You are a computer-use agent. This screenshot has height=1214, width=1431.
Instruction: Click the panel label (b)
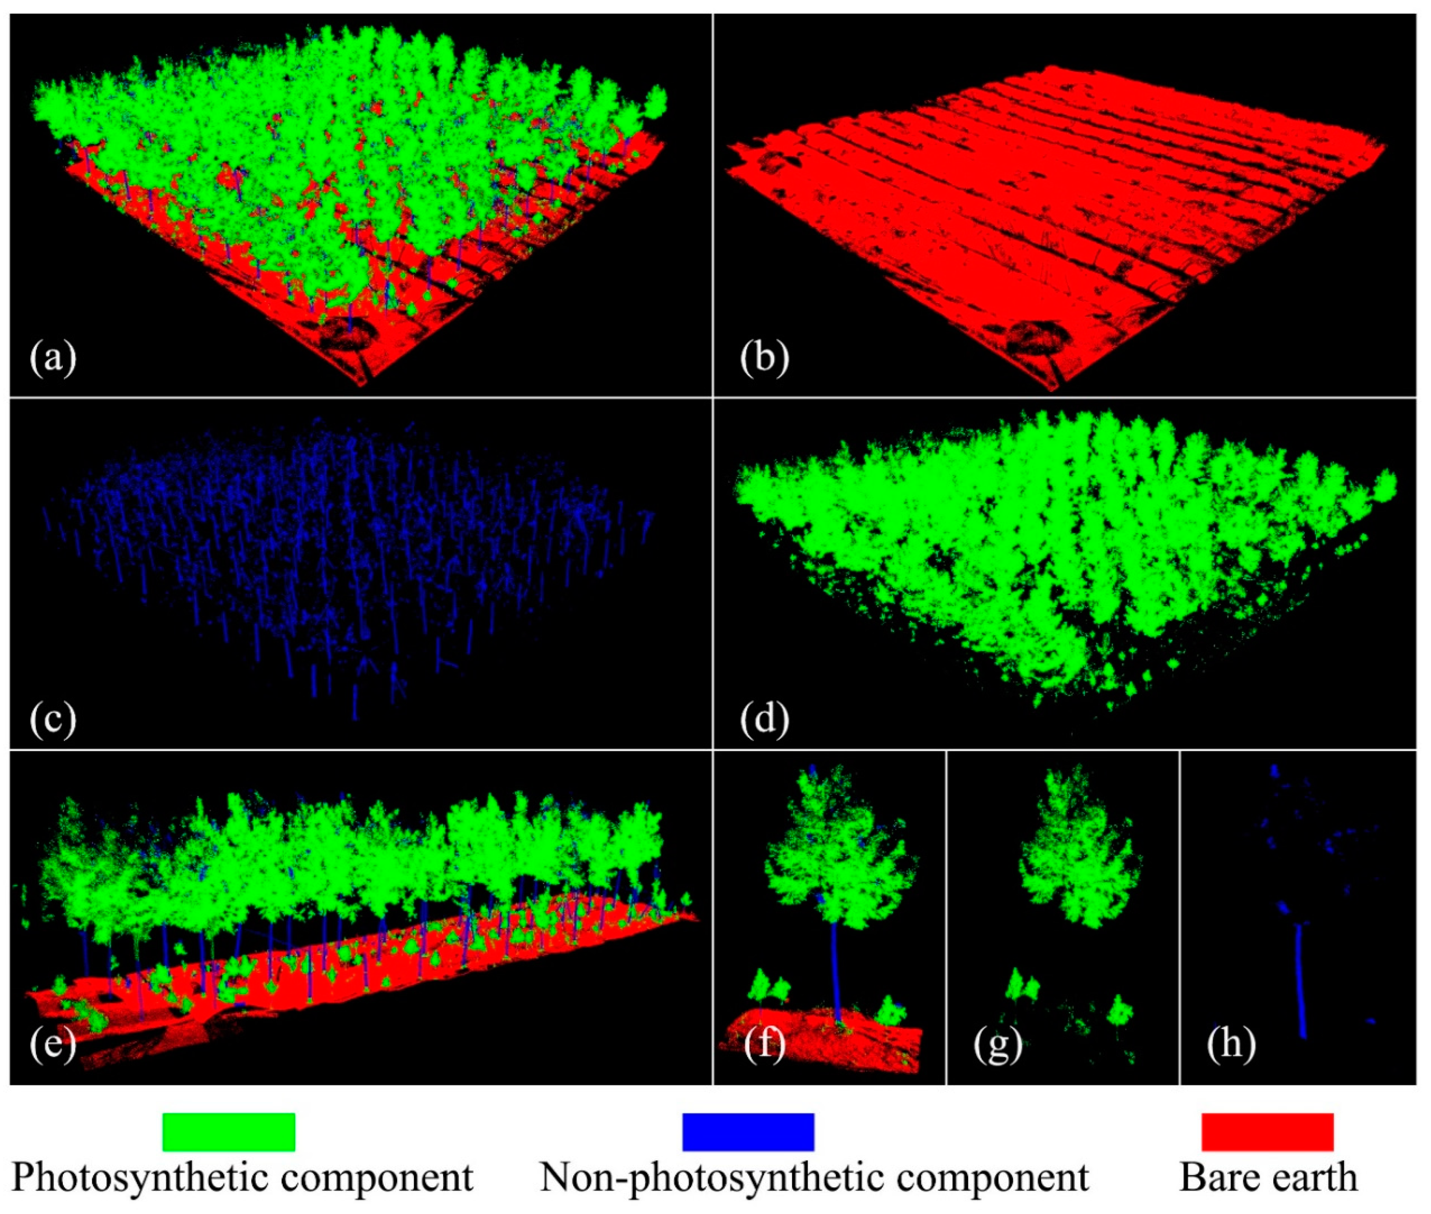point(764,358)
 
